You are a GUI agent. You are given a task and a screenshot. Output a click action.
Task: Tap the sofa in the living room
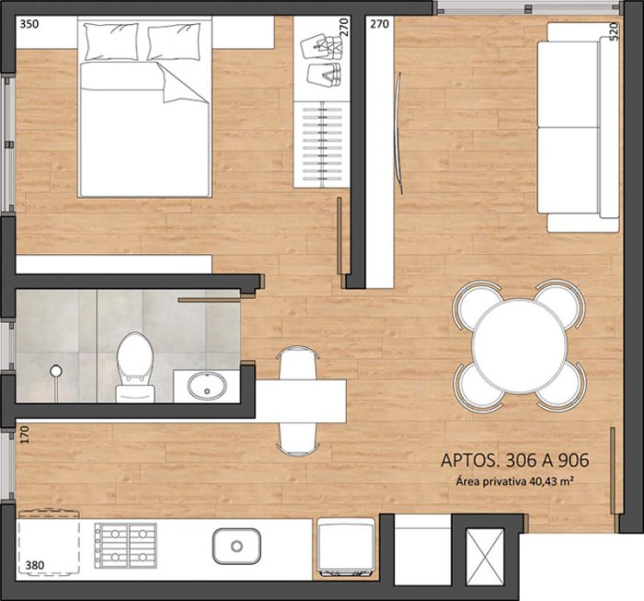coord(581,126)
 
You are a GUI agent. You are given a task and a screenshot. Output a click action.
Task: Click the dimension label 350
coord(29,26)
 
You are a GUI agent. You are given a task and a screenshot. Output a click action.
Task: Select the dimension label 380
coord(35,565)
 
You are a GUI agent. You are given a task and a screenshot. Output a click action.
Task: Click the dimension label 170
coord(24,433)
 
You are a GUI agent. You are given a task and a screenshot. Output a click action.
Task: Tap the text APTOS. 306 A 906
coord(515,461)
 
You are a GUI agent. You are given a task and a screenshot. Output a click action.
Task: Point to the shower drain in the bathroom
coord(56,371)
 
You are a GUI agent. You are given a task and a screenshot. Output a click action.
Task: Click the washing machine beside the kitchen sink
coord(346,549)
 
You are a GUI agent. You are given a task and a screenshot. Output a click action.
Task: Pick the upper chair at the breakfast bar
coord(298,364)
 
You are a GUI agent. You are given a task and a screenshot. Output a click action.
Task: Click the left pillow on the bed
coord(110,41)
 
